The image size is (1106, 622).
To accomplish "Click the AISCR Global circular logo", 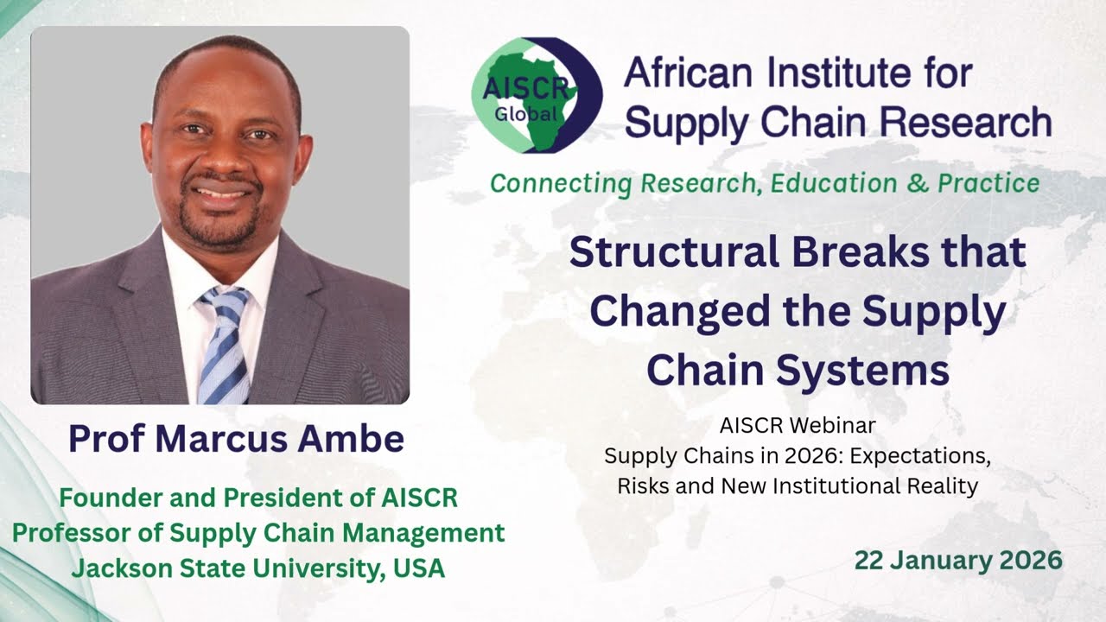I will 537,95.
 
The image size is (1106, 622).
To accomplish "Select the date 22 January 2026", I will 958,560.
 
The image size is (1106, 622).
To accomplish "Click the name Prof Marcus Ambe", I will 236,439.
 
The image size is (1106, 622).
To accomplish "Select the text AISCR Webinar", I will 798,425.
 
